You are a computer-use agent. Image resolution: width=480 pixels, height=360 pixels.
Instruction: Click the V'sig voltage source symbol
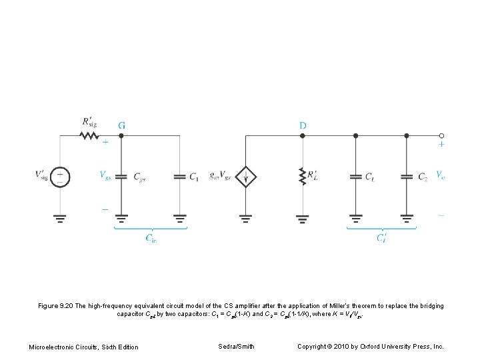point(61,177)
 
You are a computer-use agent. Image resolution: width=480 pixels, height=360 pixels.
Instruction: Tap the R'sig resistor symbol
point(89,135)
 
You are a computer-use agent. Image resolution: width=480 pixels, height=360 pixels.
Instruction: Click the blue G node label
point(121,125)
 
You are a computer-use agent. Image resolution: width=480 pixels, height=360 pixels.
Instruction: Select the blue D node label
point(303,125)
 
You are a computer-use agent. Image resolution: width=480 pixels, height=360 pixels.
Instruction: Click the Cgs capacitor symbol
point(121,177)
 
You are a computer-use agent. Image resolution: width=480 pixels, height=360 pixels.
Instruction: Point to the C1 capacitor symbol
point(179,177)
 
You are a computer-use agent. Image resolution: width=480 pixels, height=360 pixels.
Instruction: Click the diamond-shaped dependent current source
point(246,177)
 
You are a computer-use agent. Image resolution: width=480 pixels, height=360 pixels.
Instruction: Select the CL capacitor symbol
point(355,177)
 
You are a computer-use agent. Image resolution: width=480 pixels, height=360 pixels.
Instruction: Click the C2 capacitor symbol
point(407,177)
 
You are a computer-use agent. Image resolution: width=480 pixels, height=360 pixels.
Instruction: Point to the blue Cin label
point(151,239)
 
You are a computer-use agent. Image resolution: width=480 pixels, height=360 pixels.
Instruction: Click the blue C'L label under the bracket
point(381,239)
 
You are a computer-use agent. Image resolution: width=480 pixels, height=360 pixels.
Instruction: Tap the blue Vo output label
point(441,175)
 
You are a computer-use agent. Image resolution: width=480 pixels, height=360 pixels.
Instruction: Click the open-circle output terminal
point(441,135)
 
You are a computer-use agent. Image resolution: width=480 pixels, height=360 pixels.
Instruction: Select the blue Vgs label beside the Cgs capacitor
point(105,176)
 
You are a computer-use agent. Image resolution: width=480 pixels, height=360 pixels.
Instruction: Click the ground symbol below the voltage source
point(61,217)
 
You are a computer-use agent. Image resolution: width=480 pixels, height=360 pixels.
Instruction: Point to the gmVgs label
point(221,176)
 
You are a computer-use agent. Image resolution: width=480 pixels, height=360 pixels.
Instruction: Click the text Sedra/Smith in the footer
point(236,346)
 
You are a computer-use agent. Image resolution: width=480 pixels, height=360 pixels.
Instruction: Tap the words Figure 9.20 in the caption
point(57,306)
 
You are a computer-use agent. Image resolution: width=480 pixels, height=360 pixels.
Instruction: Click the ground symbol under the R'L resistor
point(303,217)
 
